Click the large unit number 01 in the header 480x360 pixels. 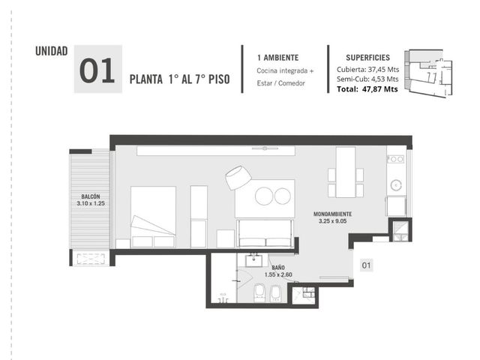pyautogui.click(x=97, y=70)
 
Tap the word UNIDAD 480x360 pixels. pyautogui.click(x=52, y=51)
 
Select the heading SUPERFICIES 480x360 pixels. pyautogui.click(x=367, y=58)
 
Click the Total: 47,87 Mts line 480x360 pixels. pyautogui.click(x=367, y=89)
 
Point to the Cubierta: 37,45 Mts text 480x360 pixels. pyautogui.click(x=367, y=70)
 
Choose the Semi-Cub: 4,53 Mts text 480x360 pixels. pyautogui.click(x=367, y=79)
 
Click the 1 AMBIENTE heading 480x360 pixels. pyautogui.click(x=278, y=58)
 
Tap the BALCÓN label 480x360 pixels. pyautogui.click(x=91, y=196)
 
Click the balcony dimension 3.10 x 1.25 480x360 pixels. pyautogui.click(x=91, y=203)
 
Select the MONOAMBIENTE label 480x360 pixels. pyautogui.click(x=332, y=214)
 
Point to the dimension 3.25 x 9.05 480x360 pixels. pyautogui.click(x=332, y=221)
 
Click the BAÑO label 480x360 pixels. pyautogui.click(x=278, y=268)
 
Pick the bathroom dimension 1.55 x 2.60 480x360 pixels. pyautogui.click(x=278, y=274)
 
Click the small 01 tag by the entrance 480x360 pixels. pyautogui.click(x=366, y=265)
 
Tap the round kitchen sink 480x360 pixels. pyautogui.click(x=396, y=185)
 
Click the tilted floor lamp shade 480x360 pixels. pyautogui.click(x=238, y=178)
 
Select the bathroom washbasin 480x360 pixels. pyautogui.click(x=253, y=260)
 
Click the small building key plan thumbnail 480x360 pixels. pyautogui.click(x=428, y=73)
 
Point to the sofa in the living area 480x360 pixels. pyautogui.click(x=265, y=233)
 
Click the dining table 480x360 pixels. pyautogui.click(x=346, y=172)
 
